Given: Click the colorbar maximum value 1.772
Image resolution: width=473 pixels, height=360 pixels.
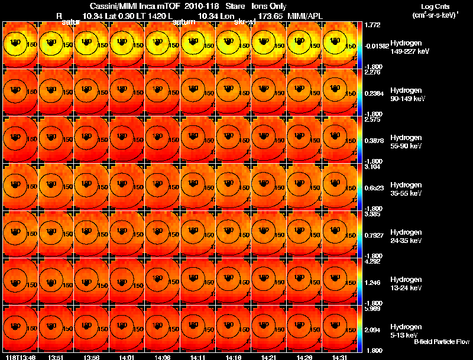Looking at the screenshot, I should point(373,25).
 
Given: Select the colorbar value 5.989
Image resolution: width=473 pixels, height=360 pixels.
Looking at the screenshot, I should point(373,309).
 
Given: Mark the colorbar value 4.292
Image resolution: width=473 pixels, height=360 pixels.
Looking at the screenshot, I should point(373,261).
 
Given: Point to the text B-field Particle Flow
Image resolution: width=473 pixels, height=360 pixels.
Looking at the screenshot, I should point(441,342).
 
